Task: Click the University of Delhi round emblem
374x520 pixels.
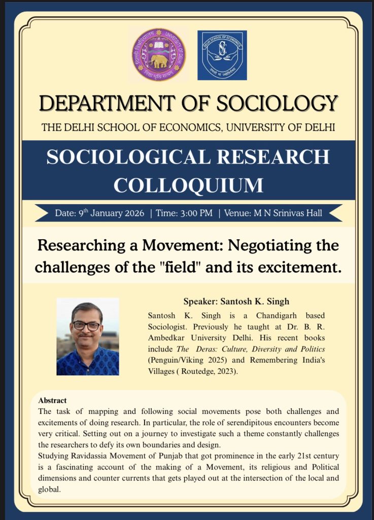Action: [158, 55]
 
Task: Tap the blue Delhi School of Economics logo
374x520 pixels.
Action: [222, 55]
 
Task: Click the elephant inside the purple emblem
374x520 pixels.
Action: [159, 61]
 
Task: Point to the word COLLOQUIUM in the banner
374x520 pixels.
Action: [188, 184]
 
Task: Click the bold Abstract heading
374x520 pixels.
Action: [52, 401]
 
